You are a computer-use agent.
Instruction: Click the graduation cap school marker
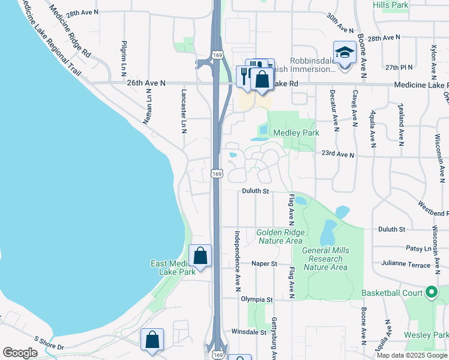tap(345, 52)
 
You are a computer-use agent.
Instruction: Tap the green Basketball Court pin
tap(430, 293)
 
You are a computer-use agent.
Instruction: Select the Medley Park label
tap(296, 133)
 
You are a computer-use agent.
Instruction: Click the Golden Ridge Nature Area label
tap(280, 236)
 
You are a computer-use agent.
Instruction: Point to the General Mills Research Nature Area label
tap(324, 259)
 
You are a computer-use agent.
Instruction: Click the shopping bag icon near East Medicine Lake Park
tap(200, 256)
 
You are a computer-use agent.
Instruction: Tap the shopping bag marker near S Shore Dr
tap(152, 340)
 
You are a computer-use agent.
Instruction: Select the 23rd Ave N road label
tap(338, 155)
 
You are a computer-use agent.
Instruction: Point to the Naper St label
tap(264, 263)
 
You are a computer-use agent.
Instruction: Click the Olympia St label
tap(257, 298)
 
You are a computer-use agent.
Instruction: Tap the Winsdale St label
tap(249, 331)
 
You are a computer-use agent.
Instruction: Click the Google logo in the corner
tap(20, 353)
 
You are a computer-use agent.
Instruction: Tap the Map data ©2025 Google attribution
tap(412, 355)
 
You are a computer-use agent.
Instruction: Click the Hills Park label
tap(407, 5)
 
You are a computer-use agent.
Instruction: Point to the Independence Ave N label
tap(238, 258)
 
